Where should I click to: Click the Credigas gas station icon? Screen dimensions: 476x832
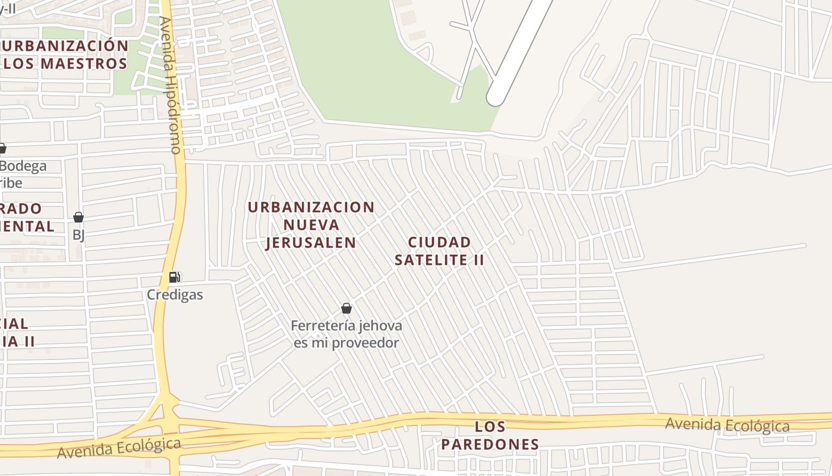coord(174,277)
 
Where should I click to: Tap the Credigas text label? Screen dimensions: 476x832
coord(175,295)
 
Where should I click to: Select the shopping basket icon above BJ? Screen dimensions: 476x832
coord(78,217)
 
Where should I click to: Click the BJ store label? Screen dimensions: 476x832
coord(78,235)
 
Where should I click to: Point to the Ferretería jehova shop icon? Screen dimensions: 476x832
coord(346,308)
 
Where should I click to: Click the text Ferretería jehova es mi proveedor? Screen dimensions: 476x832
coord(346,334)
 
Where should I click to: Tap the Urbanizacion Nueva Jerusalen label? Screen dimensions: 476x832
coord(311,225)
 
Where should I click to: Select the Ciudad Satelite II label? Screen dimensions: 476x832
coord(440,251)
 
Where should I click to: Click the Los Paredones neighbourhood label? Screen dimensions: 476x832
coord(490,436)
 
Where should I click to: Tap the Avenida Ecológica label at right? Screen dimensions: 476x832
coord(727,425)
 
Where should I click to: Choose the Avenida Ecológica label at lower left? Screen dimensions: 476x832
coord(119,448)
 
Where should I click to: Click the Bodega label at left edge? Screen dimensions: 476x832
coord(23,166)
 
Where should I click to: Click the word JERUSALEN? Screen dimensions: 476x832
coord(311,243)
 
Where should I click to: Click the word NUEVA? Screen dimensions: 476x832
coord(311,225)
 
